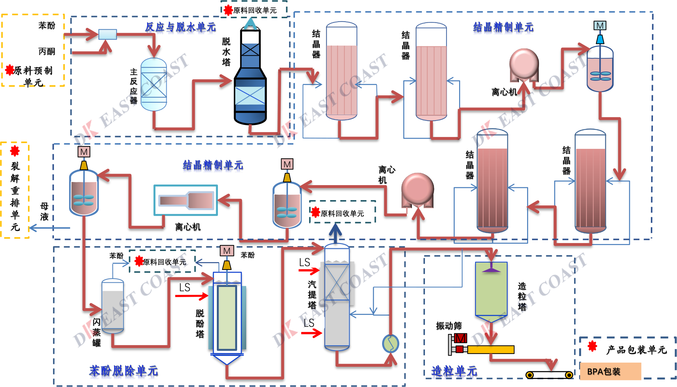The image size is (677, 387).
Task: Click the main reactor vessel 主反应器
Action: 154,84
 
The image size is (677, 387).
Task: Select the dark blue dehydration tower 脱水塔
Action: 250,80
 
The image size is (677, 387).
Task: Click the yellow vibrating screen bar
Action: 490,349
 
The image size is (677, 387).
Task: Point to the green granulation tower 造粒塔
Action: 491,289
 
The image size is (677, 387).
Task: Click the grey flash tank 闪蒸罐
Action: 113,305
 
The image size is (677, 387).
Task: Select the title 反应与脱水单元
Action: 180,27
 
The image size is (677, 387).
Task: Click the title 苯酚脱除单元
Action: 123,371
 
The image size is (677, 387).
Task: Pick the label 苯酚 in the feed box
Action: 47,25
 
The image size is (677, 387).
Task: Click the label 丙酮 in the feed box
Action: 47,52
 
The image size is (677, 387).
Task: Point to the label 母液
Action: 44,211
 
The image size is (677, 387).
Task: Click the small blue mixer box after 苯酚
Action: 107,34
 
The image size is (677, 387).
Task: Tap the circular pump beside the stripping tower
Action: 390,344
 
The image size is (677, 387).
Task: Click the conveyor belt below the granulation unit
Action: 549,375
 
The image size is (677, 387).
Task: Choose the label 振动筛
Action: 449,326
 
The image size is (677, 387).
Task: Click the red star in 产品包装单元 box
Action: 592,346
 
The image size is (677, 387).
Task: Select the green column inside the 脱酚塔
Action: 227,317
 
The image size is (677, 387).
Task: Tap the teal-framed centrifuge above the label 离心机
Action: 186,200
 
